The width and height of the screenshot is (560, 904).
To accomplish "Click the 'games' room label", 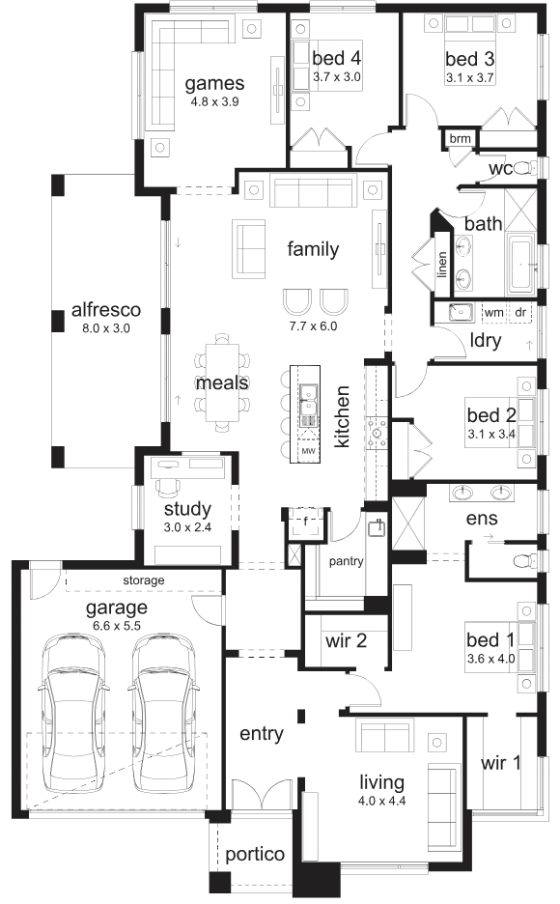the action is tap(214, 84).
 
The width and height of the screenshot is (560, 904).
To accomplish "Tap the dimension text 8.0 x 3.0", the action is tap(106, 328).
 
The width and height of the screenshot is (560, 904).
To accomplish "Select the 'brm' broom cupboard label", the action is tap(460, 138).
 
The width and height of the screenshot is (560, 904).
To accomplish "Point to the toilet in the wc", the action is tap(523, 168).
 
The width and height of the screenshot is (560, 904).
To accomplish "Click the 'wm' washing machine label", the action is tap(493, 313).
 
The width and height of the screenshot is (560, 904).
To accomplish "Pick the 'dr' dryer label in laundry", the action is tap(520, 313).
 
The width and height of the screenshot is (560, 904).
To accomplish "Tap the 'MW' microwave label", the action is tap(308, 451).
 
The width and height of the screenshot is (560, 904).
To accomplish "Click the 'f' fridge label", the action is tap(305, 522).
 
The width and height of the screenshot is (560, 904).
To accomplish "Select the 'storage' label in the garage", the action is tap(144, 580).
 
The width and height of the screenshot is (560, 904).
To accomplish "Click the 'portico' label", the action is tap(255, 855).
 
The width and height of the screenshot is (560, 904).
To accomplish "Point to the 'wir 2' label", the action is tap(346, 640).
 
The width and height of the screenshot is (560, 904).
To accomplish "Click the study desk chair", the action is tap(168, 486).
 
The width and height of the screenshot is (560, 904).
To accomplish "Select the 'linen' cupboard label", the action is tap(442, 265).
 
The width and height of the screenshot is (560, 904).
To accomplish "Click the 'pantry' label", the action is tap(346, 561).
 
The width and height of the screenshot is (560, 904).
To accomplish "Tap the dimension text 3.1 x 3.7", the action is tap(469, 78).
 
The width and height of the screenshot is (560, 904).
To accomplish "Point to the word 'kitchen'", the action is tap(342, 417).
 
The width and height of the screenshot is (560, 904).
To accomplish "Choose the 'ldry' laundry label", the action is tap(485, 340).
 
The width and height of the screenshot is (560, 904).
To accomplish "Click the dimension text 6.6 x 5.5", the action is tap(117, 626).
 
